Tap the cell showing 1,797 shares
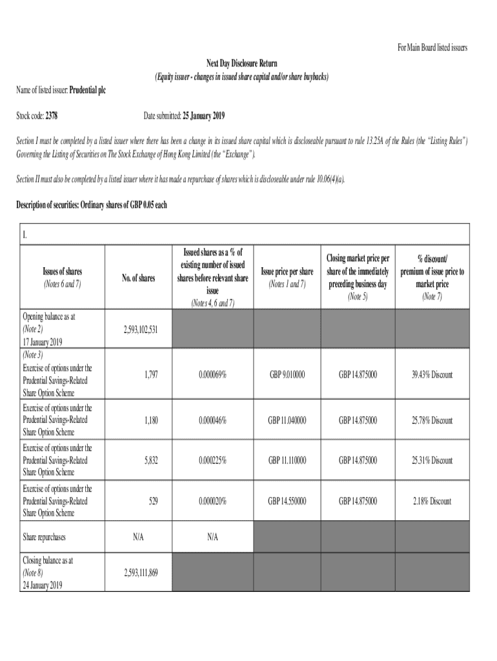pos(149,374)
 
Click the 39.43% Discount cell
pos(432,374)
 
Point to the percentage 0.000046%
pos(212,420)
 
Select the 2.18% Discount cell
pos(432,501)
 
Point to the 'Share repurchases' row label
pos(45,537)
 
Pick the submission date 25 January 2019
pos(204,116)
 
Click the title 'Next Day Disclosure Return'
pos(241,63)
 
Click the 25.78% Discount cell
pos(432,420)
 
